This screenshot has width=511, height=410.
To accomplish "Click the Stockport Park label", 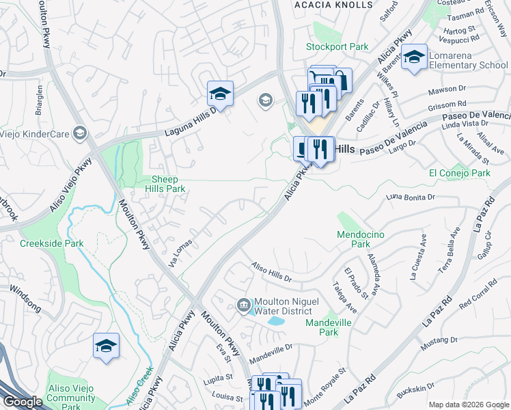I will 337,47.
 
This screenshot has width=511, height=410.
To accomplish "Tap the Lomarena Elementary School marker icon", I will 414,58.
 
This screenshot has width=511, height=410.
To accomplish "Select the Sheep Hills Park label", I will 167,184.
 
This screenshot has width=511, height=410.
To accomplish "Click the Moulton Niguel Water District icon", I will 244,305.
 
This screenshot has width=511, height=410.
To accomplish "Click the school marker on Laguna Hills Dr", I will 220,94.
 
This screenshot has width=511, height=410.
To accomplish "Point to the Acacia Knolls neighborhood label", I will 334,5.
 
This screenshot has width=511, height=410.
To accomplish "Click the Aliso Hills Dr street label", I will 271,273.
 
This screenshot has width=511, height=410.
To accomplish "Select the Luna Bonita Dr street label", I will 410,197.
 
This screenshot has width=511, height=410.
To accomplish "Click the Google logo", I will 23,402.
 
